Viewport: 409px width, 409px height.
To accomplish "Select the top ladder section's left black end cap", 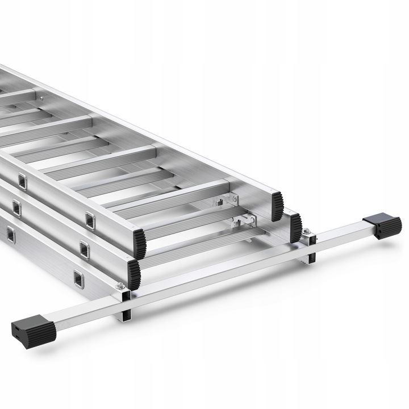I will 139,241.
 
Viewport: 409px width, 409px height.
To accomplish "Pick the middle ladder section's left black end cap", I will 134,273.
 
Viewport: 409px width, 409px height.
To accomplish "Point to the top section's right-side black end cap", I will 277,206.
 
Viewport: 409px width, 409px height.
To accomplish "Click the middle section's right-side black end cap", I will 294,226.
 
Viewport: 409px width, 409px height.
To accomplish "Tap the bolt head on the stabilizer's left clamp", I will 119,286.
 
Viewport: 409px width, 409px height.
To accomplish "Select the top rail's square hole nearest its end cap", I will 90,219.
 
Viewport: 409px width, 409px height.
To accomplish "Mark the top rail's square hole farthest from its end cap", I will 22,181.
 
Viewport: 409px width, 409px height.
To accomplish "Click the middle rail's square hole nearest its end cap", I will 84,248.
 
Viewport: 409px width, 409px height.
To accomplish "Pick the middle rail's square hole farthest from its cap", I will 16,208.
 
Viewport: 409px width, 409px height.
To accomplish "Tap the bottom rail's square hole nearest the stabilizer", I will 77,278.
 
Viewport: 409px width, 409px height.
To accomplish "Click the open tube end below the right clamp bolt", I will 310,256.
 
